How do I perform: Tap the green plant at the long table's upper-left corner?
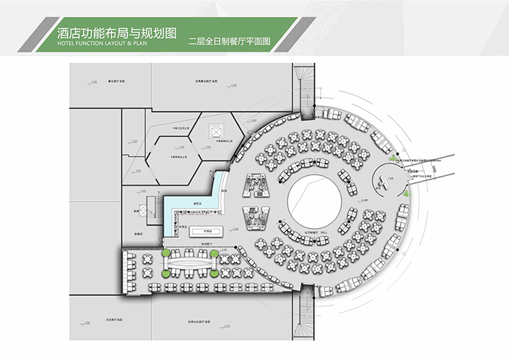[166, 254]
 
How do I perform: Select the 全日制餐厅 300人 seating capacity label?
[317, 232]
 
